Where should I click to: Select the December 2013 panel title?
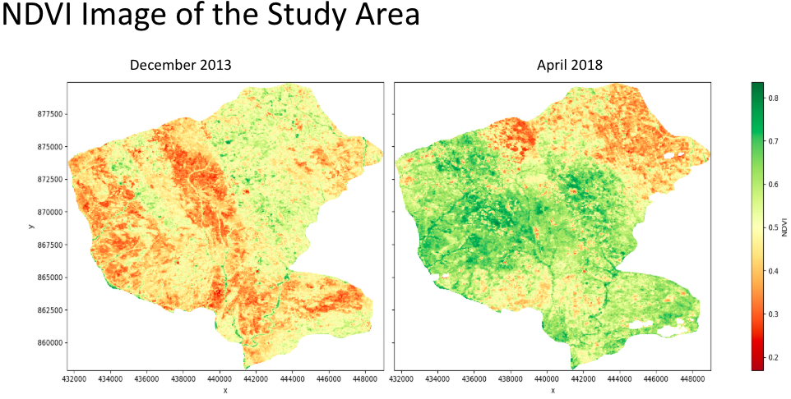coord(180,66)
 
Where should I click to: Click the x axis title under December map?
coord(224,391)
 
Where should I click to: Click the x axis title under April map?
coord(553,391)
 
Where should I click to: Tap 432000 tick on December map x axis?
coord(75,380)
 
